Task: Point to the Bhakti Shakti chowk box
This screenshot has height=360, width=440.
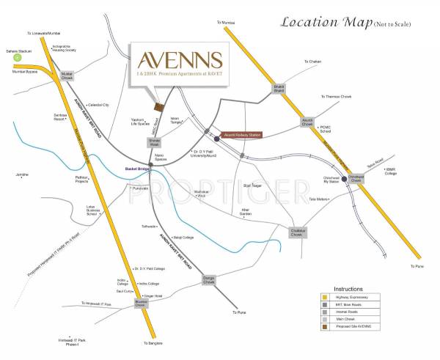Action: point(279,89)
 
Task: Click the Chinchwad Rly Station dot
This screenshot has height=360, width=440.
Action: point(344,177)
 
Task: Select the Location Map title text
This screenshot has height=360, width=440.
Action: point(329,22)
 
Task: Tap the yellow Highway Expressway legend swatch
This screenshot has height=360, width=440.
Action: point(325,296)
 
